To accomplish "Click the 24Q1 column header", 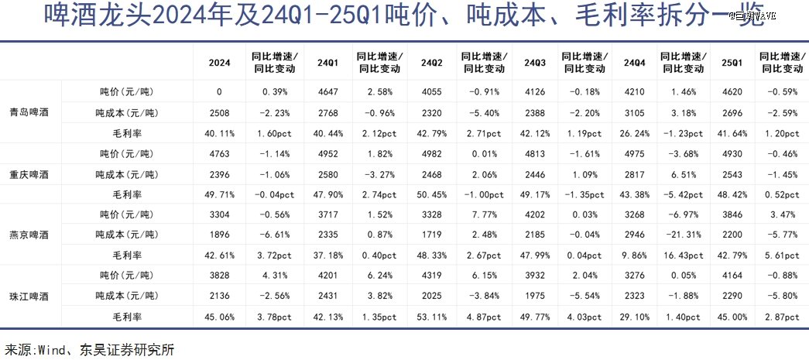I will (327, 62).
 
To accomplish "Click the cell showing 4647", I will (327, 91).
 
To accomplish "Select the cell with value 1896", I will (219, 235).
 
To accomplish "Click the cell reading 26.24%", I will (632, 132).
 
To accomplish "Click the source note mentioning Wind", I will (90, 349).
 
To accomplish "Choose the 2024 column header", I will (219, 62).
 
